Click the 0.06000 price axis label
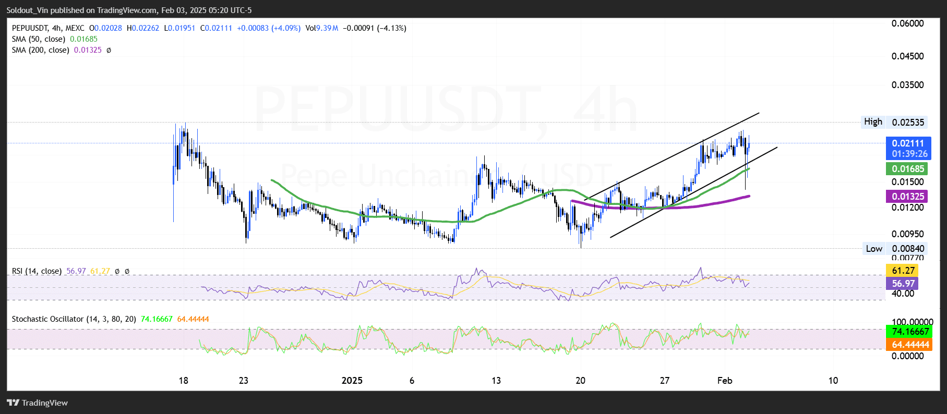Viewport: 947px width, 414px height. tap(907, 23)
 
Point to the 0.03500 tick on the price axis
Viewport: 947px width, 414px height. tap(907, 85)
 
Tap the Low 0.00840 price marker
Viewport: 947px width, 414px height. tap(894, 249)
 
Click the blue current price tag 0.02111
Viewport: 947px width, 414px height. tap(908, 143)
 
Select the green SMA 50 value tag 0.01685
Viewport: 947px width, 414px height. tap(908, 169)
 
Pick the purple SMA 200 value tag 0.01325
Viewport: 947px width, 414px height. tap(908, 197)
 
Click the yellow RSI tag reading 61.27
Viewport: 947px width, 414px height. tap(903, 271)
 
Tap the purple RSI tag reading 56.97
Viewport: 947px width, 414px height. tap(903, 284)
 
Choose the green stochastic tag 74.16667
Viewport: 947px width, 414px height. tap(910, 332)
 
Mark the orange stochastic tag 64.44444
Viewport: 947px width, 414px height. tap(910, 345)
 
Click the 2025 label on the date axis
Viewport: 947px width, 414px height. tap(352, 381)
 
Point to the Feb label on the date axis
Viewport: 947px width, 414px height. tap(724, 381)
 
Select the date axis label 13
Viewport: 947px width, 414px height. tap(496, 381)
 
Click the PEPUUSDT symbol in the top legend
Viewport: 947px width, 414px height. tap(30, 28)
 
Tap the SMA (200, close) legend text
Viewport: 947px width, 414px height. tap(41, 50)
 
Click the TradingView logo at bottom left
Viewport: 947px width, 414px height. tap(38, 403)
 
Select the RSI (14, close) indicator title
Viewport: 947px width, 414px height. tap(37, 271)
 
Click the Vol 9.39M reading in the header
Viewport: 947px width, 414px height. tap(321, 28)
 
